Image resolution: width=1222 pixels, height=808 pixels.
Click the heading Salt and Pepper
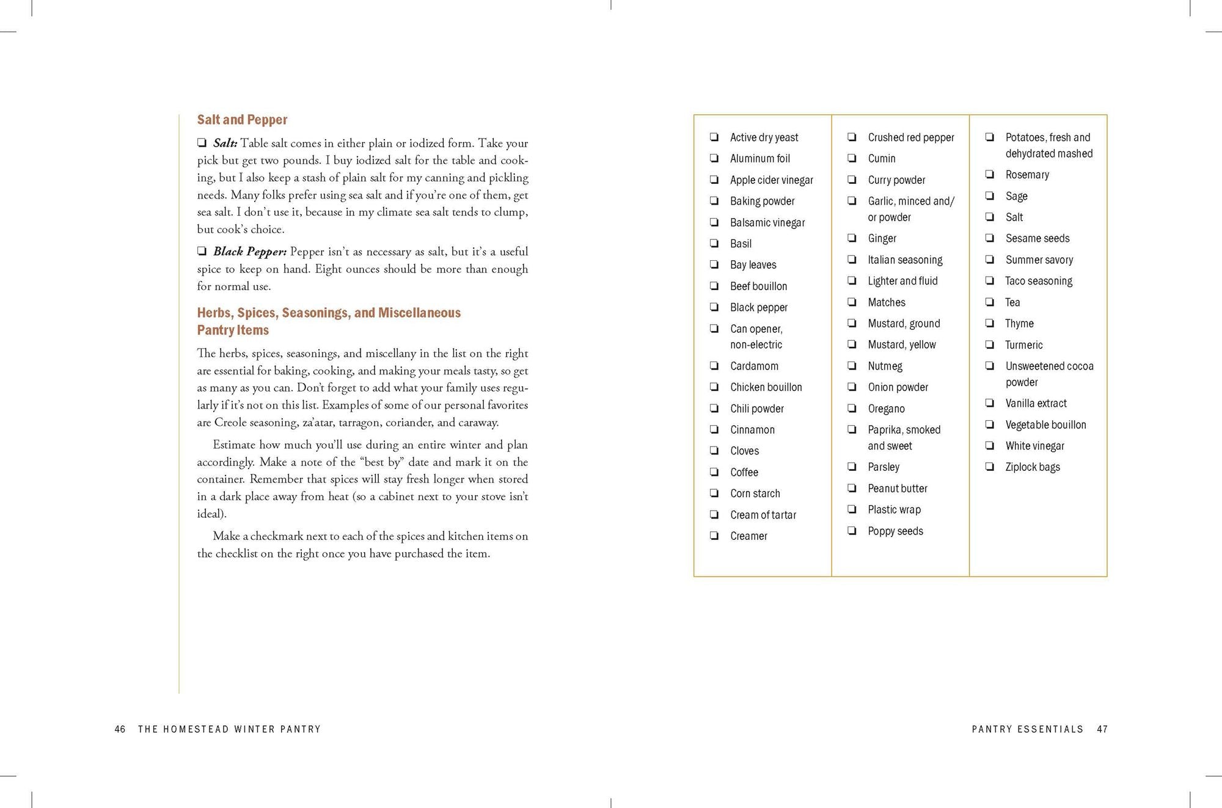(242, 120)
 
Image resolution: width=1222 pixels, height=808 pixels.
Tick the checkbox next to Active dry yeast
(714, 137)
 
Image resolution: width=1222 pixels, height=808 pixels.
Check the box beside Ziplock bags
(989, 467)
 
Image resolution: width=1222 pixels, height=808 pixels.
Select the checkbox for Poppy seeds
(852, 530)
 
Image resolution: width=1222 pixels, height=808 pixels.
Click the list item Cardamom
(754, 366)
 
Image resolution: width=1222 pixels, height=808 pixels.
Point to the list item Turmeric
(1023, 344)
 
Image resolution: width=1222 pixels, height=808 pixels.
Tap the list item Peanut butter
(897, 488)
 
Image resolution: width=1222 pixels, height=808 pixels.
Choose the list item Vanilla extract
(1036, 403)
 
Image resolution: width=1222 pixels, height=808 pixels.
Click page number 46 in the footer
(120, 729)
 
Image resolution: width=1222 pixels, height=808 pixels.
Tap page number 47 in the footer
(1102, 729)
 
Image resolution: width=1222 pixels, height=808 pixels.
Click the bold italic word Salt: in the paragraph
(225, 143)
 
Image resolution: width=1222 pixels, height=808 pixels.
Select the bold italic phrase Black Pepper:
(250, 252)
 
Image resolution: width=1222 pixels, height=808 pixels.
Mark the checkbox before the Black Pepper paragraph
(202, 251)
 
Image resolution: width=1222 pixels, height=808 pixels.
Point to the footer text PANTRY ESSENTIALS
(1027, 729)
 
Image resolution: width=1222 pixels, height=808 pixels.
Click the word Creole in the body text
(230, 422)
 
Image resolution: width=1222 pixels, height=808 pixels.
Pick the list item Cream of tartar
(763, 515)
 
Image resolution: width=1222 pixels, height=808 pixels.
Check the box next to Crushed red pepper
(852, 137)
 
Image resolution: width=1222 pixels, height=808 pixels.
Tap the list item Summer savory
(1039, 260)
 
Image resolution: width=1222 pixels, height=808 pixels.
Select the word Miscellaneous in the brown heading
(419, 313)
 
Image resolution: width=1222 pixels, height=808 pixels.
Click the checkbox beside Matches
(852, 302)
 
